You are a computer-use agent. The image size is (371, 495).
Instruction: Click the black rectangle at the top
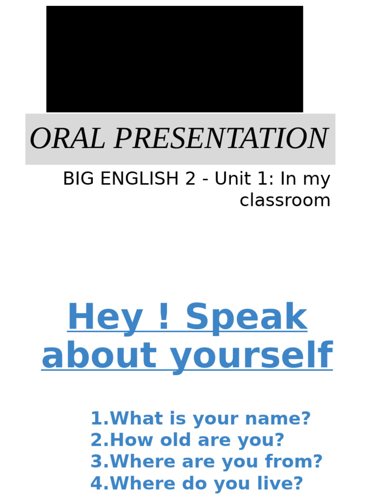(x=174, y=59)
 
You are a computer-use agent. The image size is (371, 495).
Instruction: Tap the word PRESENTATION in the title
(x=221, y=139)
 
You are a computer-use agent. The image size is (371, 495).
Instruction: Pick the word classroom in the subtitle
(x=285, y=200)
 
